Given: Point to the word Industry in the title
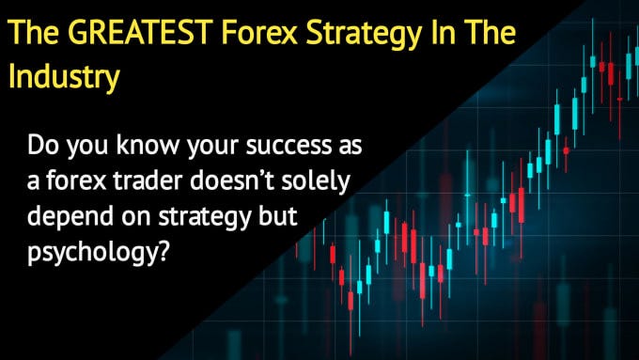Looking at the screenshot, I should click(64, 78).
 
